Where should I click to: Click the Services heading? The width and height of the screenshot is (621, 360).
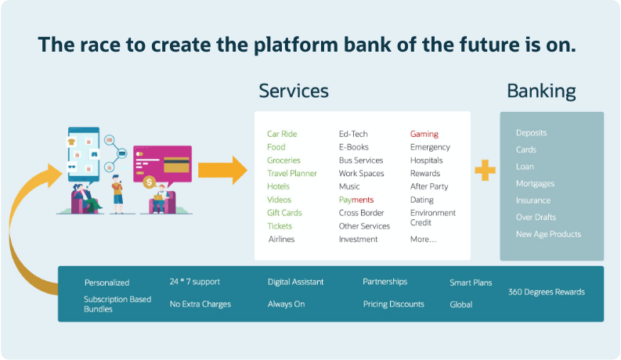(294, 92)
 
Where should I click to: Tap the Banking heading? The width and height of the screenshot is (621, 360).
(541, 92)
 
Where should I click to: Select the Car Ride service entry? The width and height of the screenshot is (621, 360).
(282, 134)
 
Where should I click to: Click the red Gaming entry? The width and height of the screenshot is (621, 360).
(424, 134)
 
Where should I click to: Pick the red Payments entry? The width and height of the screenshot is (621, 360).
(356, 200)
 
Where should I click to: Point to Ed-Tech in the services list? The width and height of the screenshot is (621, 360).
(353, 134)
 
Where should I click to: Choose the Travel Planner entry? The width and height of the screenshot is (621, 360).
(291, 173)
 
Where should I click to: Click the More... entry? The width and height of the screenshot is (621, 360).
(423, 239)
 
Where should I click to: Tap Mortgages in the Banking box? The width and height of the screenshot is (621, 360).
(535, 183)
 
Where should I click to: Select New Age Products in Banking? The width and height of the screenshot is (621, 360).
(548, 234)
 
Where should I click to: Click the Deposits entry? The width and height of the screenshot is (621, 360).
(531, 133)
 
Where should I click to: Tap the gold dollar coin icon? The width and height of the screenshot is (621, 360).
(150, 182)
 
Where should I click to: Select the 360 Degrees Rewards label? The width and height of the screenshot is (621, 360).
(547, 292)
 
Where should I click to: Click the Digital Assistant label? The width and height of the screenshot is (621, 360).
(295, 281)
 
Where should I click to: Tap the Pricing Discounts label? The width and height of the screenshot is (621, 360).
(393, 304)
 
